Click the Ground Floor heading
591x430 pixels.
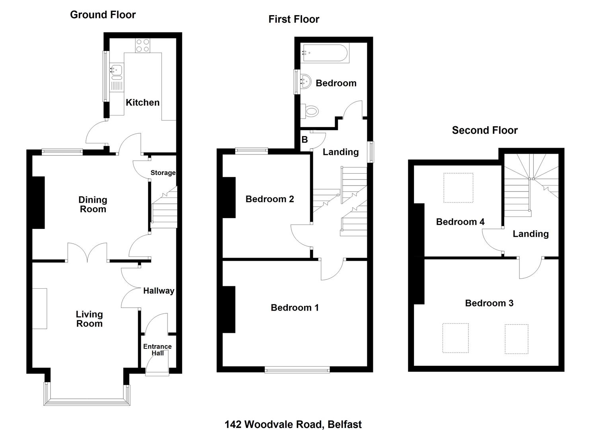tap(103, 15)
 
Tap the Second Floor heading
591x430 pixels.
tap(485, 131)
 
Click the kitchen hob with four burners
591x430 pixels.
tap(143, 45)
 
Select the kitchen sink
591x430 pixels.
tap(116, 72)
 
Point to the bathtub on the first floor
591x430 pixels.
tap(326, 53)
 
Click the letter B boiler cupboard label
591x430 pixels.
tap(304, 139)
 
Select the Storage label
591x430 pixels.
tap(163, 173)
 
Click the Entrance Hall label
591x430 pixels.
tap(158, 350)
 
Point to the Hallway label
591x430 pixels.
tap(159, 291)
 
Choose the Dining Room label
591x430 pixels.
tap(93, 205)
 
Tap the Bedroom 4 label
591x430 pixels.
tap(460, 222)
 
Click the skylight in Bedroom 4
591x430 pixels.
tap(458, 188)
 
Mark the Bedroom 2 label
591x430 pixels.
tap(270, 199)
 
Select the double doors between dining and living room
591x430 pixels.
tap(87, 253)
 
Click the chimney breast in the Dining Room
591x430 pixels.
tap(39, 203)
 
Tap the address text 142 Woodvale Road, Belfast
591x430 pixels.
tap(293, 424)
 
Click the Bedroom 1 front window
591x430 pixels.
tap(297, 369)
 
